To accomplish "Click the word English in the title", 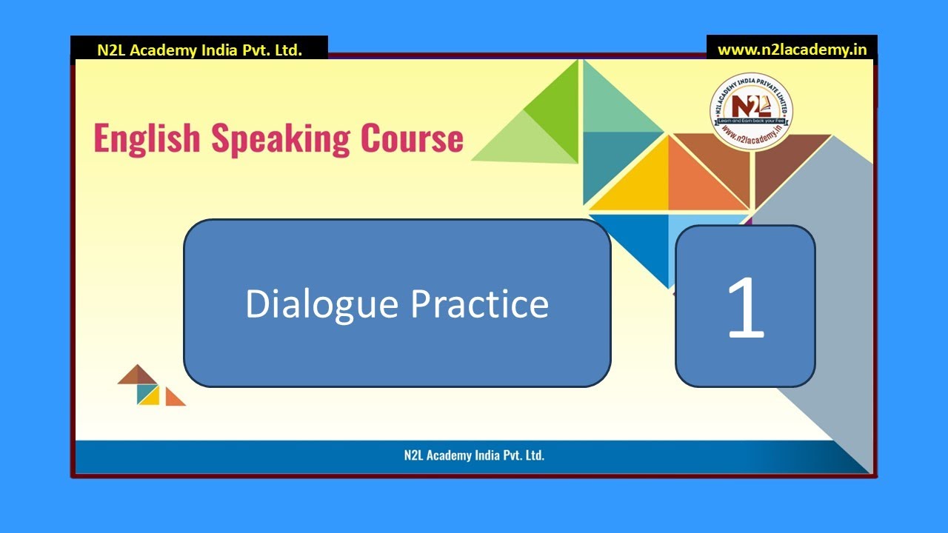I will pos(147,138).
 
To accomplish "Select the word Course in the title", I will pos(412,138).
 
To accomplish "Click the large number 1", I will pos(745,306).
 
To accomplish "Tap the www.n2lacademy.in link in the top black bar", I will pos(792,50).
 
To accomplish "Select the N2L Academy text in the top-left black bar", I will pos(199,50).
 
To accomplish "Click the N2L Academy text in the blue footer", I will pos(474,455).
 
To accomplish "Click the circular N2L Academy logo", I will pos(751,113).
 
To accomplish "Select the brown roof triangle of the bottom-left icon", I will pos(138,376).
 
